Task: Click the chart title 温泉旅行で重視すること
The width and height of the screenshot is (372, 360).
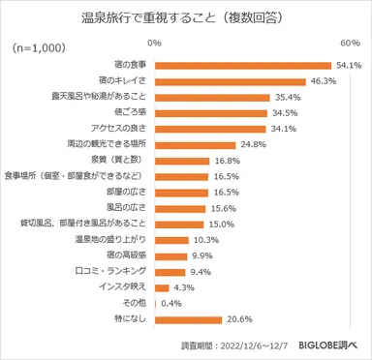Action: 185,17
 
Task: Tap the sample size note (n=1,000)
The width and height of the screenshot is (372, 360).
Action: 38,47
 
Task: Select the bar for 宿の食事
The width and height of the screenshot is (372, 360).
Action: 242,66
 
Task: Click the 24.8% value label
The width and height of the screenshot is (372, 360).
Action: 254,144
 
